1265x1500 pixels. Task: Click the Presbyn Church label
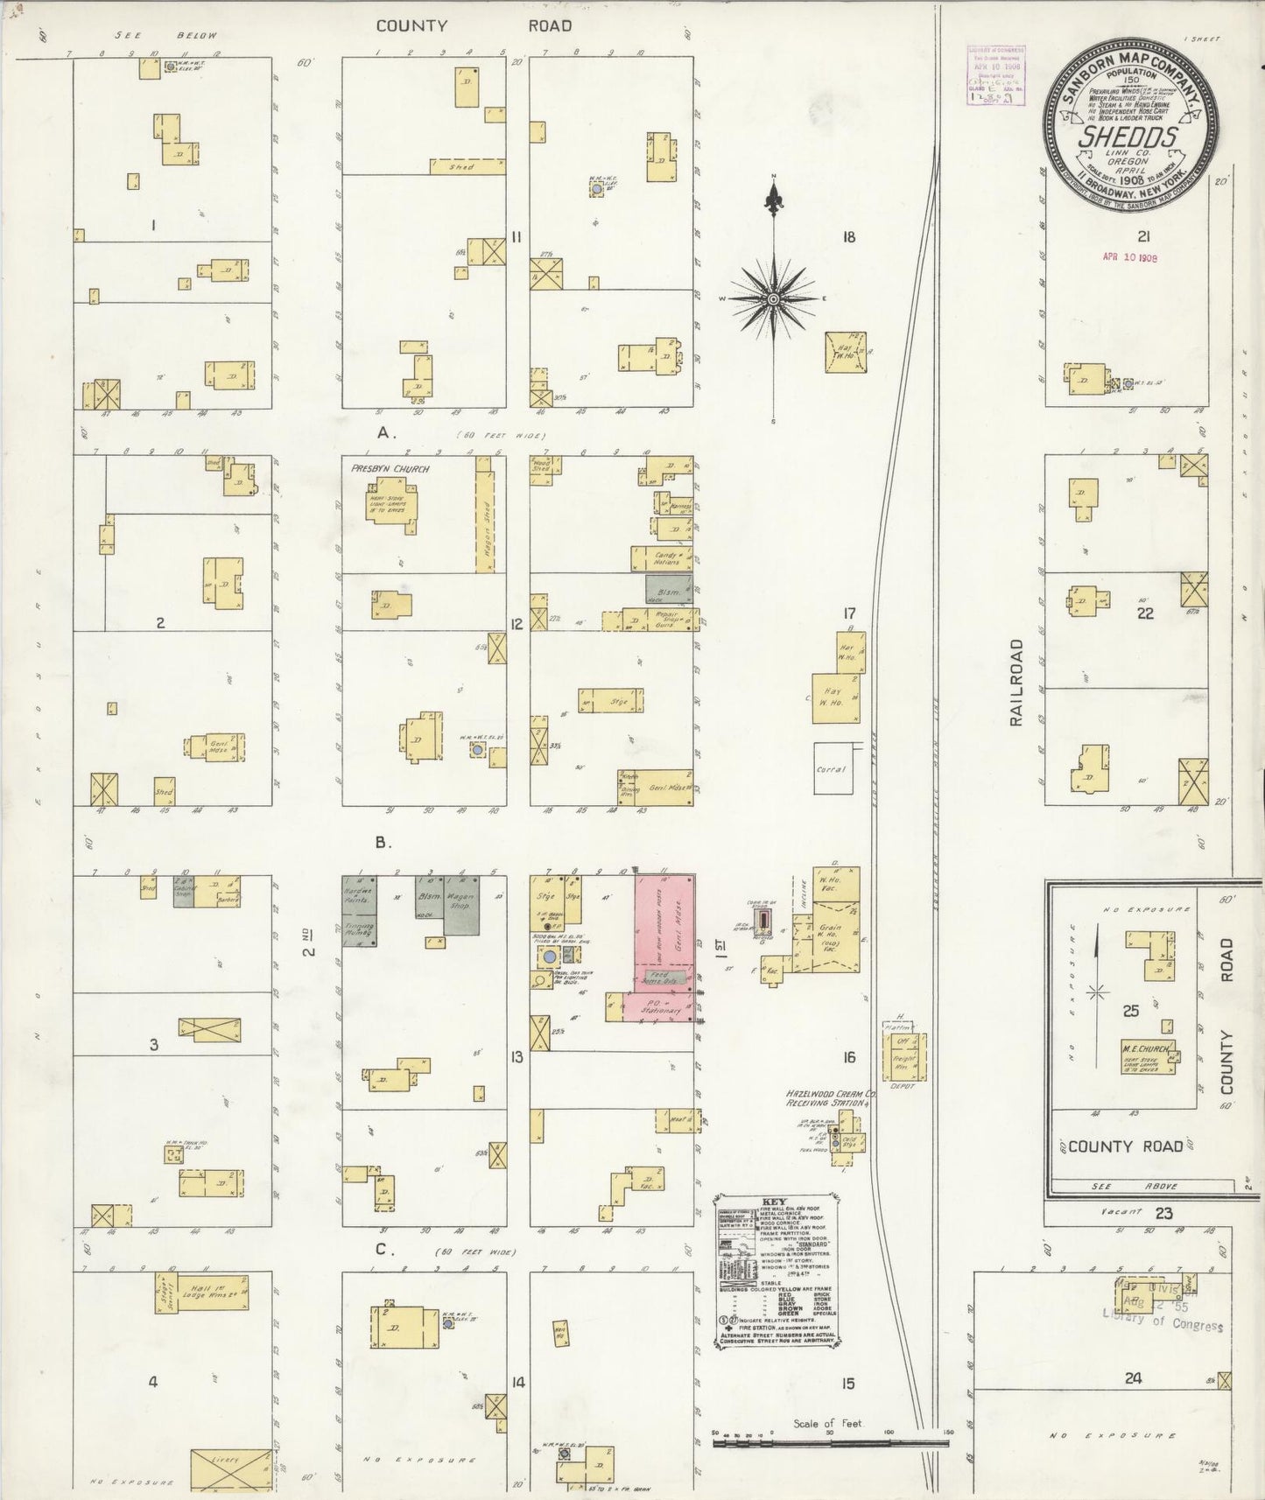[x=390, y=469]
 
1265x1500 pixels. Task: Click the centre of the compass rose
[x=774, y=298]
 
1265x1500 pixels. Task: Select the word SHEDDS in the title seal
[x=1127, y=137]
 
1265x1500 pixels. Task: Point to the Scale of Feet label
[x=827, y=1424]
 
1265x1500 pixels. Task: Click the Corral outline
[x=833, y=768]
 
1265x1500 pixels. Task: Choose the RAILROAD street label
[x=1016, y=683]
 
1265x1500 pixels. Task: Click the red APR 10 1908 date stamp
[x=1130, y=258]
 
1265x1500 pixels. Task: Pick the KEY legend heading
[x=774, y=1202]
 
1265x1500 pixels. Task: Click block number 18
[x=847, y=237]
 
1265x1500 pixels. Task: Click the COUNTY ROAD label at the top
[x=474, y=26]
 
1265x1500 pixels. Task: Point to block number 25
[x=1130, y=1011]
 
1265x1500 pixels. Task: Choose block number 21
[x=1142, y=236]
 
